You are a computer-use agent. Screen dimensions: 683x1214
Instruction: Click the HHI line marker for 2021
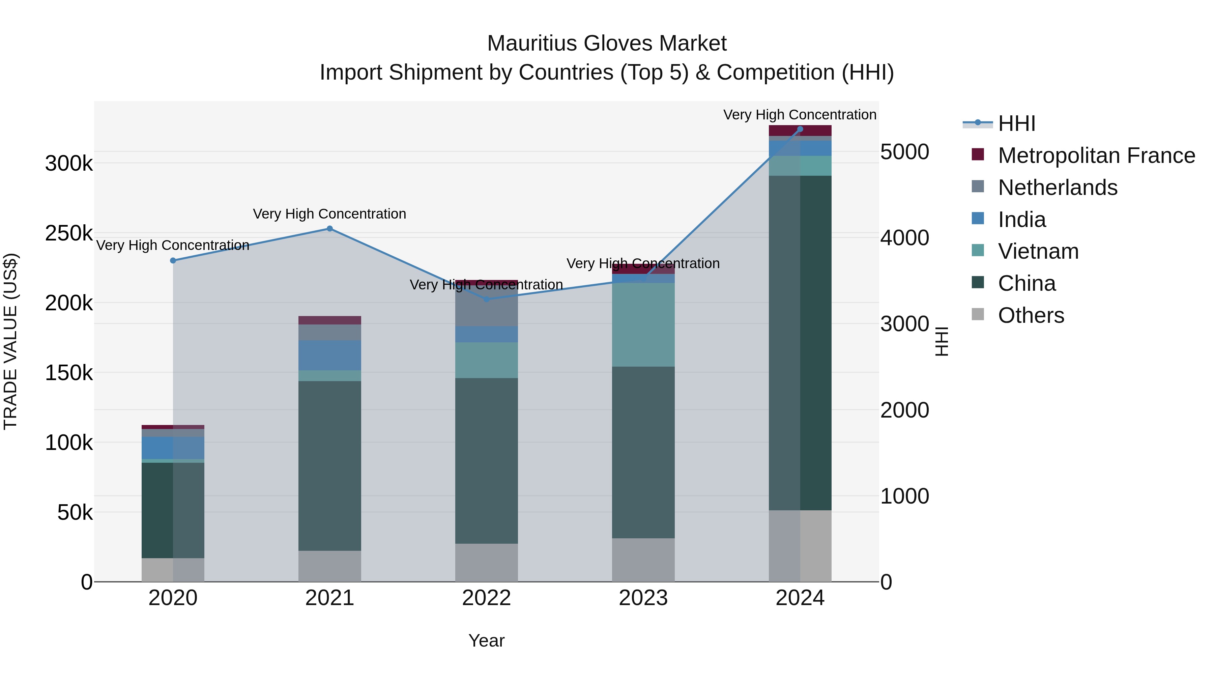[329, 229]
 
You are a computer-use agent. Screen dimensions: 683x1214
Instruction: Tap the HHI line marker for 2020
[173, 261]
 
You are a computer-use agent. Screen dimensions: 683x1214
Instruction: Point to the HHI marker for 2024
[800, 129]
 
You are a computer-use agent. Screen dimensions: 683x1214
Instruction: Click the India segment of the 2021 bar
[329, 355]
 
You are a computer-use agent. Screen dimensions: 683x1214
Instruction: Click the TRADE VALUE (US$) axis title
[10, 341]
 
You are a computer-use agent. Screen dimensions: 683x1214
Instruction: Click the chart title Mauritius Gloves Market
[607, 44]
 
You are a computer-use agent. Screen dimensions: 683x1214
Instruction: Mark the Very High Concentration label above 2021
[329, 214]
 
